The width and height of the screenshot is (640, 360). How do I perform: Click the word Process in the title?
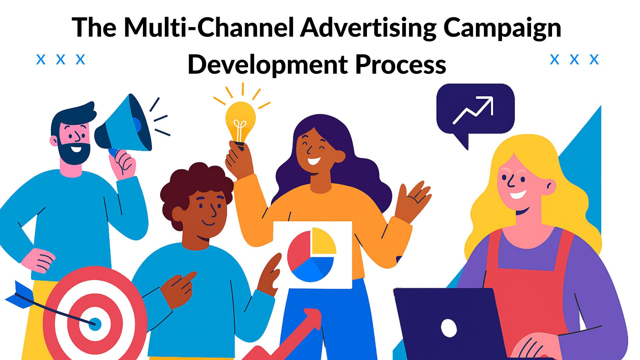point(401,64)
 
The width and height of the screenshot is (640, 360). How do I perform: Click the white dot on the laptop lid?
point(449,328)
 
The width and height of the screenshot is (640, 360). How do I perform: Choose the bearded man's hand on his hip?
point(38,260)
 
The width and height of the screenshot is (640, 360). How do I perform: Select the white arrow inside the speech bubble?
point(473,110)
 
